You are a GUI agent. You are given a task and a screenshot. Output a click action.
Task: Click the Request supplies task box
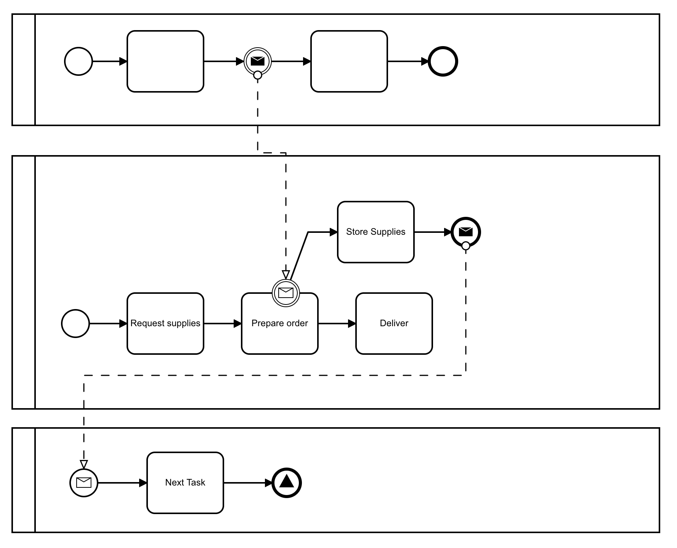tap(165, 324)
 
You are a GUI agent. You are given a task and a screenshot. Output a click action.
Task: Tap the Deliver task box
tap(394, 324)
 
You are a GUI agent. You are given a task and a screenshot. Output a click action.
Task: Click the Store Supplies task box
tap(375, 232)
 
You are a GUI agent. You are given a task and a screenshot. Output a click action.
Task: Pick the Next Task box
tap(185, 483)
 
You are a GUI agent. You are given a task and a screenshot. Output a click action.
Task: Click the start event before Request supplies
tap(75, 324)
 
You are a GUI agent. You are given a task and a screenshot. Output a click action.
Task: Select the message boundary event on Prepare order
tap(286, 293)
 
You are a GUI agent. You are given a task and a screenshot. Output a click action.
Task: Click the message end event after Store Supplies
tap(465, 232)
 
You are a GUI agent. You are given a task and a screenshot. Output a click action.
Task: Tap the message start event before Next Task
tap(84, 483)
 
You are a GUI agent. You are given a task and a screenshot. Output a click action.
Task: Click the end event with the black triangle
tap(287, 483)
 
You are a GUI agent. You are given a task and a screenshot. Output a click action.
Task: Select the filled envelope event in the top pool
tap(258, 61)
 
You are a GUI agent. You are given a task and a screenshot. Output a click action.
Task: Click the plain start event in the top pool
tap(79, 61)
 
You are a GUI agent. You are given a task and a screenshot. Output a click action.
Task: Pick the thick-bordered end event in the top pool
tap(443, 61)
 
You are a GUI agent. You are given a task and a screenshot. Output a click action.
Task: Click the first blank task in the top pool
tap(165, 61)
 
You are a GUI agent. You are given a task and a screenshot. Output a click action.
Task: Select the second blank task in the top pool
tap(349, 61)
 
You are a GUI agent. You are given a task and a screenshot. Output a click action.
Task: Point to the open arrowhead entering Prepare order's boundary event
tap(286, 274)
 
